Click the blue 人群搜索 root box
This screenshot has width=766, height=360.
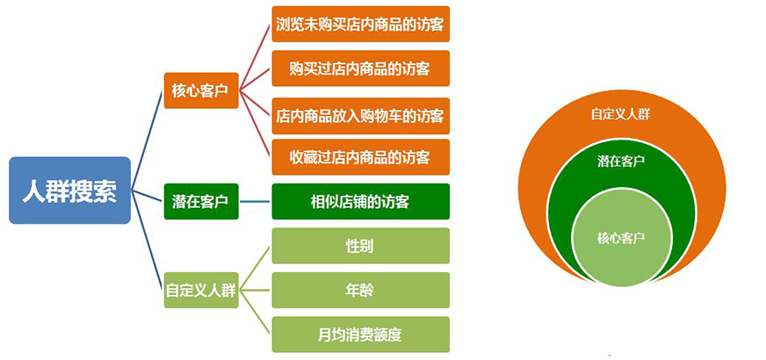coord(70,190)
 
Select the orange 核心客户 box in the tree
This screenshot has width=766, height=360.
coord(201,90)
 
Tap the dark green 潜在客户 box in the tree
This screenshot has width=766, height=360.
coord(201,201)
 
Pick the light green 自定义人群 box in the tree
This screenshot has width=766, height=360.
coord(201,290)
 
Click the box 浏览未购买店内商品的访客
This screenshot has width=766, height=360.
coord(360,24)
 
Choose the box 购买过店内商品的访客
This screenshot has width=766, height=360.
coord(360,68)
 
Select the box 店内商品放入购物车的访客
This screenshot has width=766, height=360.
coord(360,116)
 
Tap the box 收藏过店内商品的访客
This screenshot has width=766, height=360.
coord(360,157)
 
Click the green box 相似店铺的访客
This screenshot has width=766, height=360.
coord(360,201)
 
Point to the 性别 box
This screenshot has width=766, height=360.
coord(360,246)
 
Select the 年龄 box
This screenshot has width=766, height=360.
coord(360,290)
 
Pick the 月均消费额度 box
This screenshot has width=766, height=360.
coord(360,335)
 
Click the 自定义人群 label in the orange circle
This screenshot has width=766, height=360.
coord(620,115)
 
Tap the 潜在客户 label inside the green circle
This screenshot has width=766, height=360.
coord(620,162)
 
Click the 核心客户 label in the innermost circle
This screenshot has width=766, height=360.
coord(620,238)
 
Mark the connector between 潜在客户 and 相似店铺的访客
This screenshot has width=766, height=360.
coord(256,201)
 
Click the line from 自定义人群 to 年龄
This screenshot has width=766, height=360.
coord(256,290)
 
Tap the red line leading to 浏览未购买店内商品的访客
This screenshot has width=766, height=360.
coord(255,57)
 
